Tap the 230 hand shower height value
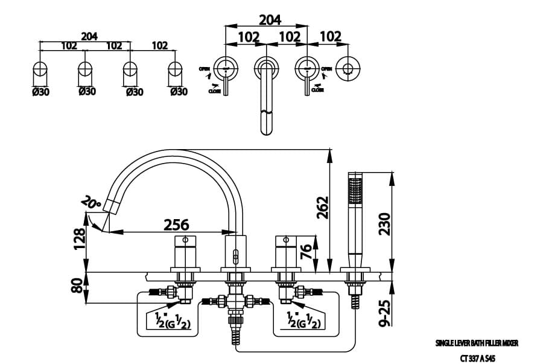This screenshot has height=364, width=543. (x=384, y=223)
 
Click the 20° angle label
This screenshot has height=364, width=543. (x=93, y=203)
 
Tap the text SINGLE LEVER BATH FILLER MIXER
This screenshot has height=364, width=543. (x=477, y=343)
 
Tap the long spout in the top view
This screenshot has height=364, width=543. (x=265, y=97)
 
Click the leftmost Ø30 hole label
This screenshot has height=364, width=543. (x=40, y=92)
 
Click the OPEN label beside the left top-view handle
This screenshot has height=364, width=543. (x=205, y=69)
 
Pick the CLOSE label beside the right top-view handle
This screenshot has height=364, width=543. (x=317, y=90)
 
